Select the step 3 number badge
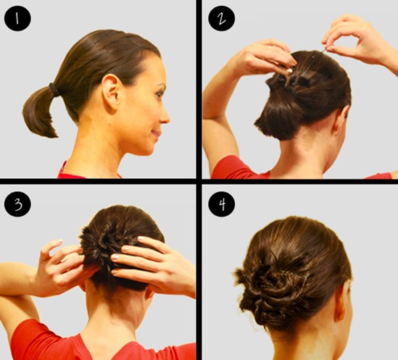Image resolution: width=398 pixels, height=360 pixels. tap(18, 205)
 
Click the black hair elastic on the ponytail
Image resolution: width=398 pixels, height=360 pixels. tap(54, 90)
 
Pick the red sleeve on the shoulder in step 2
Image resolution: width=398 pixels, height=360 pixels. tap(236, 169)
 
